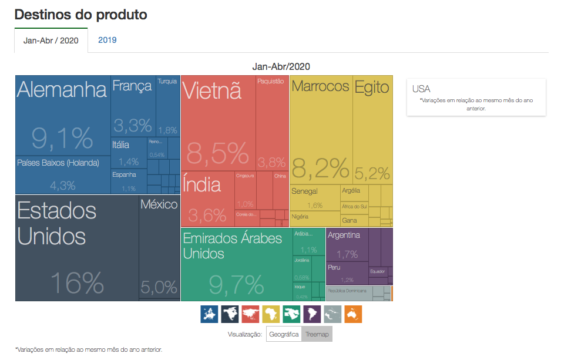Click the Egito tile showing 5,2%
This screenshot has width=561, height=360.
[372, 129]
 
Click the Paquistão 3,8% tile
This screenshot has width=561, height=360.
[272, 123]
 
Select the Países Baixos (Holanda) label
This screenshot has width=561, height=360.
[58, 163]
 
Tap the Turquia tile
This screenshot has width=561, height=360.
[167, 106]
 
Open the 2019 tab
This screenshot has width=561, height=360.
[108, 40]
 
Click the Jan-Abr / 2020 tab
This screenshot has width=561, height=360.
[51, 41]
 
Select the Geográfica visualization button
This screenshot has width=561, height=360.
[284, 334]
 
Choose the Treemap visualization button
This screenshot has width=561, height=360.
[317, 334]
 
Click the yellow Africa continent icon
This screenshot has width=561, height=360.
[271, 314]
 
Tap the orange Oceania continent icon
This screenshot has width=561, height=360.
[353, 314]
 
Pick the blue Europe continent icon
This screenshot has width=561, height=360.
[209, 314]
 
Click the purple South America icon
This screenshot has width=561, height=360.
[312, 314]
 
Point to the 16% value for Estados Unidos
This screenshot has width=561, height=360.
[77, 282]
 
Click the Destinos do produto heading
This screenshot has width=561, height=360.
[80, 15]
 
